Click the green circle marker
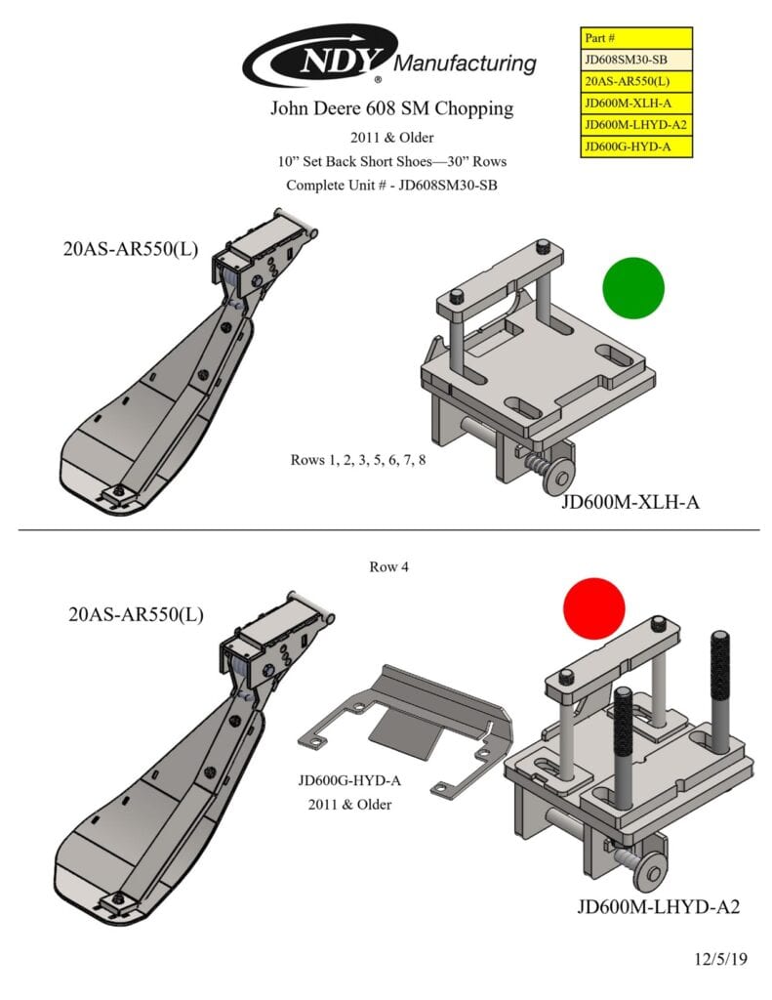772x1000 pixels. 632,288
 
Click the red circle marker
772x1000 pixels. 593,607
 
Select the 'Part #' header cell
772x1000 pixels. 636,38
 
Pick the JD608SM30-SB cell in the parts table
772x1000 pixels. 636,60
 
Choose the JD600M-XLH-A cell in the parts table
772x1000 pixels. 636,104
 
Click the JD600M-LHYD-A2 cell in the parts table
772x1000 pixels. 636,125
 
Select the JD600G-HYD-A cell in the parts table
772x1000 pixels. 636,146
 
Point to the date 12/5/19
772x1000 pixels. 720,959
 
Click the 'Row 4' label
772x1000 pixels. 388,567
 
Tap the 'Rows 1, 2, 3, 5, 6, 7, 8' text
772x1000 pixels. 357,460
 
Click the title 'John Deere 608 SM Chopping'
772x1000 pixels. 391,108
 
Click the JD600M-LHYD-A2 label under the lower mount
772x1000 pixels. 657,907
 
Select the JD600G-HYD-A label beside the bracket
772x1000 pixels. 350,781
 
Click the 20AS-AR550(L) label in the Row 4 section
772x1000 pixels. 137,614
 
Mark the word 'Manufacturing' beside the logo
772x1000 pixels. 466,64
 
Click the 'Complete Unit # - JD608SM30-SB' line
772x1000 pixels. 391,186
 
